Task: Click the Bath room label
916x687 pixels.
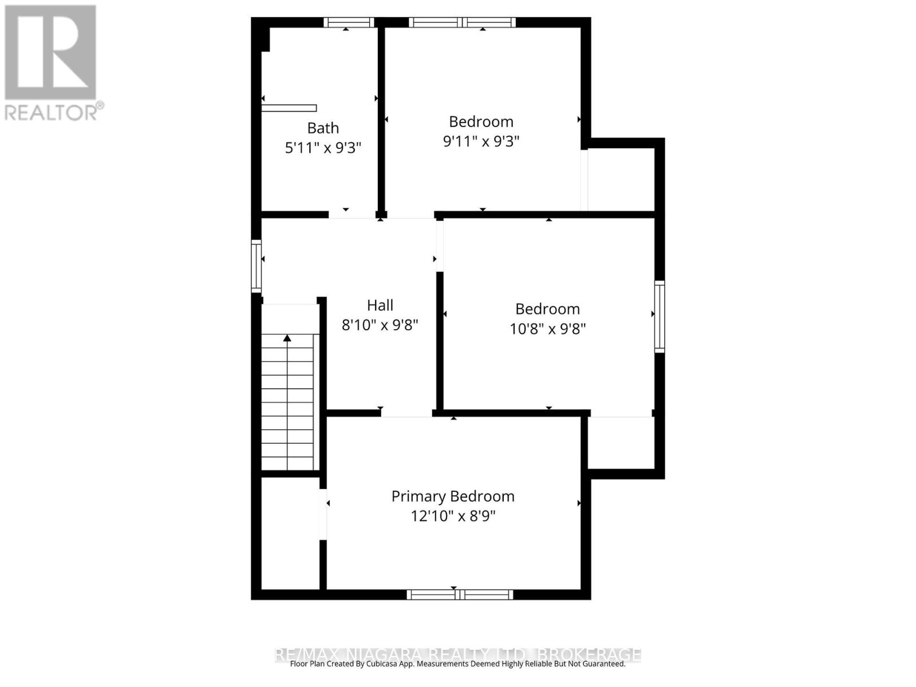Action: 323,128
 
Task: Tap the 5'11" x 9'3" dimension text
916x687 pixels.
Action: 323,148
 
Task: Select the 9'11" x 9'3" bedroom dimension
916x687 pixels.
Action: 481,141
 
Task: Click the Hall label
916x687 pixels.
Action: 380,305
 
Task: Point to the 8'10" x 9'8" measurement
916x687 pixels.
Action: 380,325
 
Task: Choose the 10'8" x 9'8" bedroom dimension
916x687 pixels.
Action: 548,329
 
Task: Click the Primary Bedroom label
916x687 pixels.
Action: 453,496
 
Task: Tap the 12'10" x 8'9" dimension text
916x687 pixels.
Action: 453,516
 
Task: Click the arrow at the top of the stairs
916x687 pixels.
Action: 287,338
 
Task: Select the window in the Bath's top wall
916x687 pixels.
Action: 348,22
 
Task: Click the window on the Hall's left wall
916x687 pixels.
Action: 256,266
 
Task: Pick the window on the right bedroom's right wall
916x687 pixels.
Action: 660,316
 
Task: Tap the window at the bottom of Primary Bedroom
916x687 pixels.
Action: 460,595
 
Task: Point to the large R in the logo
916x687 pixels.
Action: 50,53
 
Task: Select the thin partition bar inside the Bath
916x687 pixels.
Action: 289,108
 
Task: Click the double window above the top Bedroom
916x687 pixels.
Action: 462,22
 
